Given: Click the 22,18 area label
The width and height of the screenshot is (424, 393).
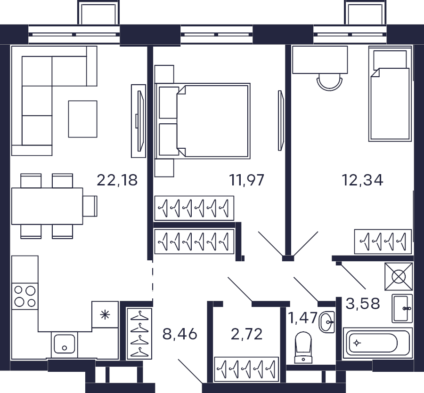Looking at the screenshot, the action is [117, 180].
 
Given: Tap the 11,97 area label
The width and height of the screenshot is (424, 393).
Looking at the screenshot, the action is [246, 180].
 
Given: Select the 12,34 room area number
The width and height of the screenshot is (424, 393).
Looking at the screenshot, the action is [362, 180].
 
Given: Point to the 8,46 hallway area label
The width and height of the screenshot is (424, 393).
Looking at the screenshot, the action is [180, 334].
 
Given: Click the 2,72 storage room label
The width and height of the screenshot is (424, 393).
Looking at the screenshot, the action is [246, 334].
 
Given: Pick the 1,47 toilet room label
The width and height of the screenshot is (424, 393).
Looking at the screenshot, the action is [302, 318].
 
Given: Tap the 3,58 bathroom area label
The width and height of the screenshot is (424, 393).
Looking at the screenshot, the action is [363, 303].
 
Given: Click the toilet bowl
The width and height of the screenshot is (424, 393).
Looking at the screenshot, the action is [303, 347].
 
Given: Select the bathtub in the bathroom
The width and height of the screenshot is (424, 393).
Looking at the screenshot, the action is [378, 343].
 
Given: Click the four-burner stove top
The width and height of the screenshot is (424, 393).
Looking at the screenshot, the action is [25, 297].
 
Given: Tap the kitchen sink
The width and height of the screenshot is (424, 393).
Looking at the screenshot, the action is [65, 345].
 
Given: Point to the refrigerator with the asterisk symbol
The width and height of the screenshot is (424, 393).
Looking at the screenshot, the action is [105, 315].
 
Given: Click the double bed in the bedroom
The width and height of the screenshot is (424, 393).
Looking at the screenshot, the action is [202, 121].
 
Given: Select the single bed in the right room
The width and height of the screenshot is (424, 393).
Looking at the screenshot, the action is [390, 94].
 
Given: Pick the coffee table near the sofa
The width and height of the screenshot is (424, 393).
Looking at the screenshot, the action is [83, 119].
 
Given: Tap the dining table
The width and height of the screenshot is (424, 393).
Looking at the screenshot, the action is [47, 206].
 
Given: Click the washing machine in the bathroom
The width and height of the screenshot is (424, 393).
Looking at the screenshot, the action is [399, 277].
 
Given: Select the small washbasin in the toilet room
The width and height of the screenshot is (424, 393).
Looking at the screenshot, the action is [327, 322].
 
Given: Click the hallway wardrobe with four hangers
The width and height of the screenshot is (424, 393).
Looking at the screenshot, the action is [139, 334].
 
